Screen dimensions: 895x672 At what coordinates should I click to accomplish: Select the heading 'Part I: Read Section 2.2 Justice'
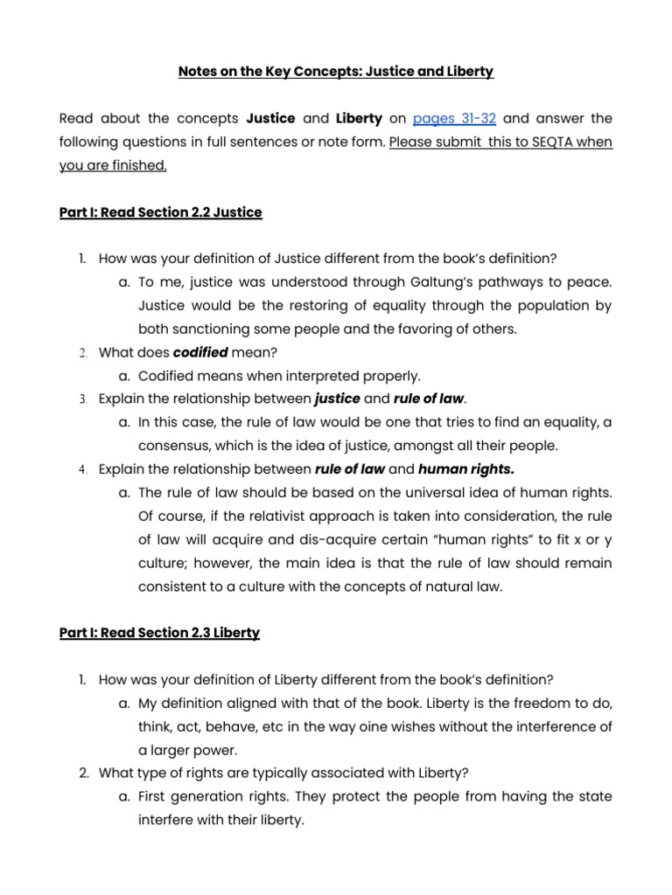160,212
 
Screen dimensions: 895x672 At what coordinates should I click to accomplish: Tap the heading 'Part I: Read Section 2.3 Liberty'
159,633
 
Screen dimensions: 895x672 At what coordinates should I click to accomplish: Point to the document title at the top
335,71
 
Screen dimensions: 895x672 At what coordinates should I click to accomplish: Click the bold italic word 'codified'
200,352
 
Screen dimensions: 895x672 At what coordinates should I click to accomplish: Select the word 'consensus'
173,446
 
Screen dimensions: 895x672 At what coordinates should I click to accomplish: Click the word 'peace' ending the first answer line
591,282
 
